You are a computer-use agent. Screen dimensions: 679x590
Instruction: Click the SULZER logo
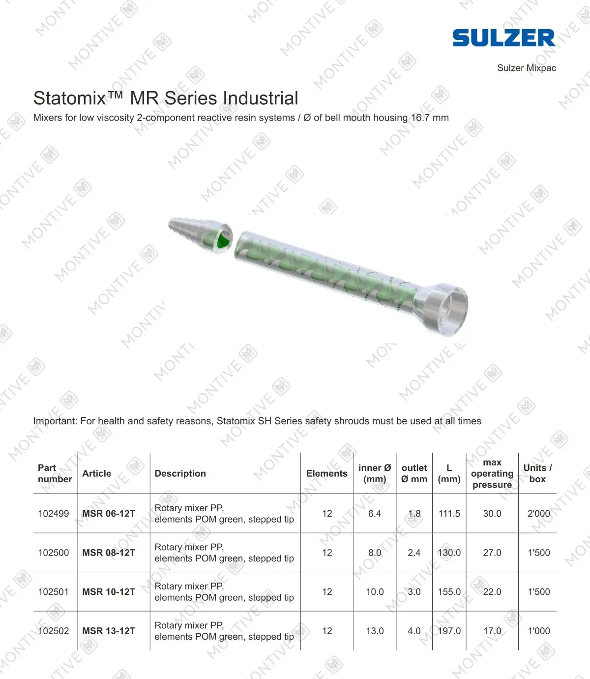(x=503, y=38)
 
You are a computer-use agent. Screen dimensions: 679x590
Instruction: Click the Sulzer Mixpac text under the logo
(x=526, y=68)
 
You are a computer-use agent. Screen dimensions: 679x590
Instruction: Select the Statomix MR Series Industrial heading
(x=166, y=98)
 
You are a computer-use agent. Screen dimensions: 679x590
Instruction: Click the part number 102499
(x=54, y=514)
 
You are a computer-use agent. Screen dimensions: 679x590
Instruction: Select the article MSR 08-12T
(x=109, y=553)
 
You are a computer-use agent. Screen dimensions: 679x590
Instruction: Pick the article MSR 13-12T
(x=109, y=631)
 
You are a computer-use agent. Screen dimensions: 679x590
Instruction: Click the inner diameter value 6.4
(x=375, y=514)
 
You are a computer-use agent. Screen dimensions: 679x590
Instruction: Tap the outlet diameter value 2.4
(x=414, y=553)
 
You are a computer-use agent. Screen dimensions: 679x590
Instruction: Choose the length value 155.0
(x=449, y=592)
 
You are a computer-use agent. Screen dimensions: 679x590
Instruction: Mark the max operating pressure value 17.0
(x=492, y=631)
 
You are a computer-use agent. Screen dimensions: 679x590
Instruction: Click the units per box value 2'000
(x=538, y=514)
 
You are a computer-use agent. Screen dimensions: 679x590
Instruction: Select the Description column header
(x=180, y=473)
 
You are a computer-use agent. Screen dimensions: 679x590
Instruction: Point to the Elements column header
(x=326, y=473)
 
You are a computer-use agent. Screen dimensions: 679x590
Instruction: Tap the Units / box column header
(x=537, y=473)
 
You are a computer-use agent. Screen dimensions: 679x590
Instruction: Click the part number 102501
(x=54, y=592)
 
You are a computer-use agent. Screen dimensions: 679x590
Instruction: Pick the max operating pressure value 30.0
(x=492, y=514)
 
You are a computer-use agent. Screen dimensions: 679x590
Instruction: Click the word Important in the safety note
(x=55, y=421)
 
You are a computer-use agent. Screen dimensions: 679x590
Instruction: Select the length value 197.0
(x=449, y=631)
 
